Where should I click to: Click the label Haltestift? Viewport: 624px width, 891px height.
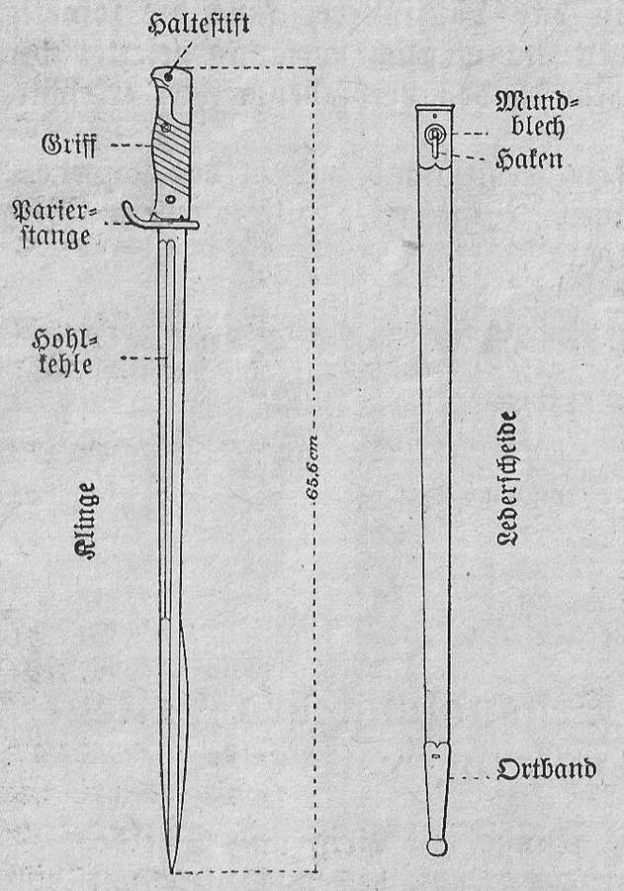tap(199, 24)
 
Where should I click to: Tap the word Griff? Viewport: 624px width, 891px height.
tap(68, 145)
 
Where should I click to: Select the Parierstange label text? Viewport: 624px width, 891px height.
tap(54, 224)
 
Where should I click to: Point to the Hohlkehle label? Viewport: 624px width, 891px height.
tap(63, 351)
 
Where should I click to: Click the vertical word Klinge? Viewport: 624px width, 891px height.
tap(85, 521)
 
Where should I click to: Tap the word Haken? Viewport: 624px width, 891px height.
tap(529, 159)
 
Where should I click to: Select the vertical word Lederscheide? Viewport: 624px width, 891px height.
tap(506, 478)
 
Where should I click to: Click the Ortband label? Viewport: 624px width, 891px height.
tap(546, 769)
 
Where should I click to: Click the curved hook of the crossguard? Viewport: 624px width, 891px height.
tap(131, 212)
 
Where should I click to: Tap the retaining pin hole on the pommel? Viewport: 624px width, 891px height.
tap(167, 75)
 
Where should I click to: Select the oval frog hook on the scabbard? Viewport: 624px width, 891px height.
tap(434, 139)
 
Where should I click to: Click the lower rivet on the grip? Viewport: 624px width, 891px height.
tap(170, 199)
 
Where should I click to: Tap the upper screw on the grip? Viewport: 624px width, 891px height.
tap(166, 128)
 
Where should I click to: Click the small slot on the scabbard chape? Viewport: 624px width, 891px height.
tap(435, 756)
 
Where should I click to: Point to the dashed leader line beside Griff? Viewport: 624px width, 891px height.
tap(131, 146)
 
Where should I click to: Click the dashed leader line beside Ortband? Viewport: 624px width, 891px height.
tap(469, 777)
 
